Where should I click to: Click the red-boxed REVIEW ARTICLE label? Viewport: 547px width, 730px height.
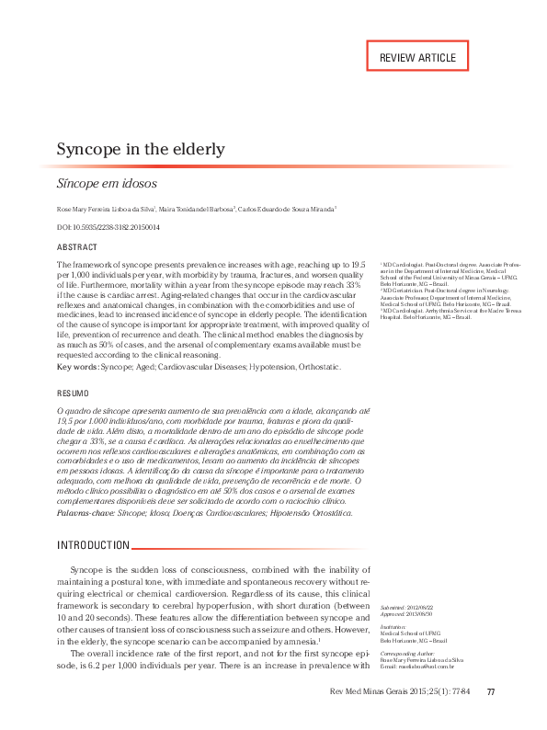[x=417, y=57]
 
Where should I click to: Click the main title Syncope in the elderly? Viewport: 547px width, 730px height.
[x=141, y=149]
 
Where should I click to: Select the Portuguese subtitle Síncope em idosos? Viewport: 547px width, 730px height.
[x=107, y=183]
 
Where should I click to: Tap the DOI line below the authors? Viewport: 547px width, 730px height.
[x=108, y=227]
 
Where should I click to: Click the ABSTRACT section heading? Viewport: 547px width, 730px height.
[x=77, y=247]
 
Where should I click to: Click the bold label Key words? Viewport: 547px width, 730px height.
[x=77, y=367]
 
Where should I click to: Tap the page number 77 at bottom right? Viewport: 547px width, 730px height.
[x=491, y=718]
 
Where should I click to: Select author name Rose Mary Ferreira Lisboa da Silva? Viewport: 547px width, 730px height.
[x=106, y=210]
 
